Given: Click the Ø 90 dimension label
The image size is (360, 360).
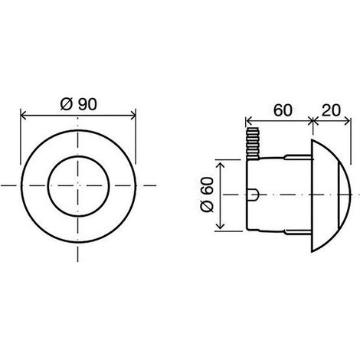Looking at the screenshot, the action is (79, 104).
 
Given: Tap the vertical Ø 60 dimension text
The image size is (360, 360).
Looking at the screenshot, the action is (207, 194).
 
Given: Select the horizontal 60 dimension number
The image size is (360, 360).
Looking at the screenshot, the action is (283, 110).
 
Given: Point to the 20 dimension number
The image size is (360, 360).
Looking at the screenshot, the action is (331, 110).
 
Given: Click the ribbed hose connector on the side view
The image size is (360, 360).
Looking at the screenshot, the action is (253, 143).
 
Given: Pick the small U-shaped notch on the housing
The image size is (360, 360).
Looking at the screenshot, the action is (254, 195).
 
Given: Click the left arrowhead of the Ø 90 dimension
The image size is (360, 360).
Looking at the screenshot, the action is (24, 116).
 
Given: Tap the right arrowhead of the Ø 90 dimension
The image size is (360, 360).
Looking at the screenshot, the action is (133, 116).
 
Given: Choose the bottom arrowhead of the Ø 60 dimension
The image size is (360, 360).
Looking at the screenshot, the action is (221, 225).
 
